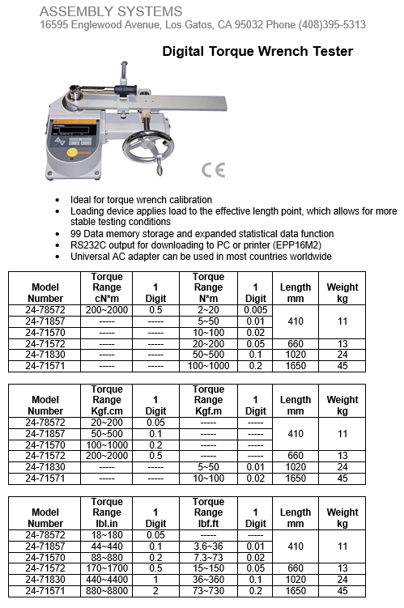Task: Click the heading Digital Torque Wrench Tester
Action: coord(257,52)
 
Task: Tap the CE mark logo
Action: coord(212,170)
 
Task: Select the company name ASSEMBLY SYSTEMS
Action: coord(111,11)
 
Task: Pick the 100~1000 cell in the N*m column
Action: coord(208,366)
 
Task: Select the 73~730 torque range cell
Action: coord(208,591)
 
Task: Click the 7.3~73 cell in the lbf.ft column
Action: coord(208,558)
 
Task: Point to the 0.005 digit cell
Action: coord(256,310)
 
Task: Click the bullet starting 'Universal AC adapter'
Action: coord(201,257)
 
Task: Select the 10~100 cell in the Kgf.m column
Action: coord(208,478)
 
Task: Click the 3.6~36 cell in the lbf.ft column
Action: coord(208,546)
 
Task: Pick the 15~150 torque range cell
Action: coord(208,569)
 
